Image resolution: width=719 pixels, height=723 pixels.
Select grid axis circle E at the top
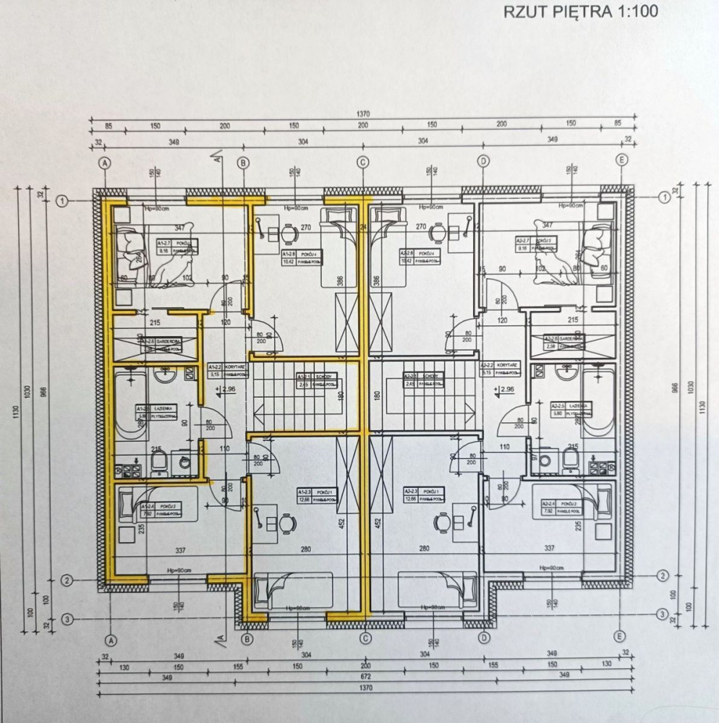(x=621, y=161)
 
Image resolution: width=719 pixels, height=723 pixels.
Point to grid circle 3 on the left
(x=67, y=618)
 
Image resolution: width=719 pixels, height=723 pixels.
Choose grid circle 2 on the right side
(x=663, y=576)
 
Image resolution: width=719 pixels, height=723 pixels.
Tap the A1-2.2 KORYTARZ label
(x=224, y=370)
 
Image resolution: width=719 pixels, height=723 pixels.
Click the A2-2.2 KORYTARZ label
(x=498, y=370)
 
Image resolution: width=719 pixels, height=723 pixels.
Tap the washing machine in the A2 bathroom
(x=549, y=460)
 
